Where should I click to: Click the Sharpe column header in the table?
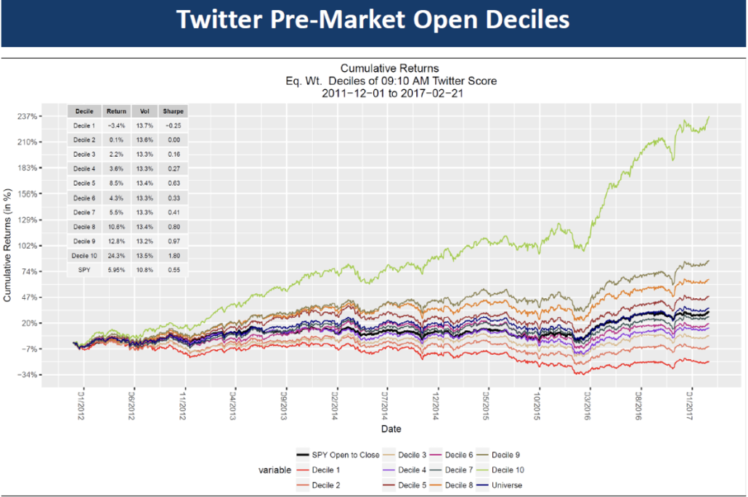tap(174, 112)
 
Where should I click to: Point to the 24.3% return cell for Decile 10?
tap(116, 255)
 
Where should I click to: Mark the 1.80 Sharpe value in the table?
tap(174, 255)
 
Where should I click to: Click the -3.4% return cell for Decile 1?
tap(116, 126)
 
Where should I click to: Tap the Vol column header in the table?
tap(145, 112)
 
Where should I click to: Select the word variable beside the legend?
tap(275, 470)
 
